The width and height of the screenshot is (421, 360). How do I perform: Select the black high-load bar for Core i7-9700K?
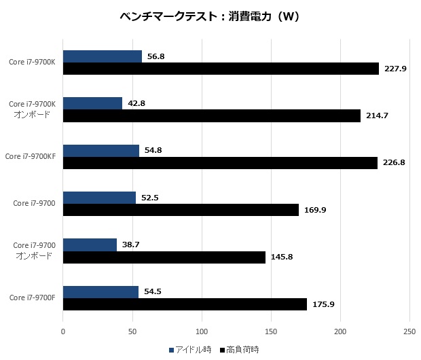tap(221, 69)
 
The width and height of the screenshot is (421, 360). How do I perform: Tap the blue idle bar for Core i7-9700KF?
tap(101, 150)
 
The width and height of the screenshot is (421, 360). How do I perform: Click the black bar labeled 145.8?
tap(164, 257)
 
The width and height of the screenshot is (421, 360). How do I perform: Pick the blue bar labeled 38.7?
tap(90, 245)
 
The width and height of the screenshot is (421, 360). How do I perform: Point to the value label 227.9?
tap(395, 69)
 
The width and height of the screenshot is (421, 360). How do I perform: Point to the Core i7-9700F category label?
tap(32, 298)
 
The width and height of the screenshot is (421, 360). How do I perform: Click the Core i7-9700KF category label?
tap(30, 156)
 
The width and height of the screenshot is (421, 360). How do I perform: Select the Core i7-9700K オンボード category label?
tap(32, 109)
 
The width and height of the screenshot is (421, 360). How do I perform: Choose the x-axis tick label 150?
tap(271, 332)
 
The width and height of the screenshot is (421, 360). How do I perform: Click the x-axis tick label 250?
tap(409, 332)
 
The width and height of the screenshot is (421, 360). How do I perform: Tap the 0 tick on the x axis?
tap(63, 332)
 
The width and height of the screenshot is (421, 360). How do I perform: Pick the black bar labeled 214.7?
tap(212, 116)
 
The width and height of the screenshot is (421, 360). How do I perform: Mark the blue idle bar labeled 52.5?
tap(99, 198)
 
